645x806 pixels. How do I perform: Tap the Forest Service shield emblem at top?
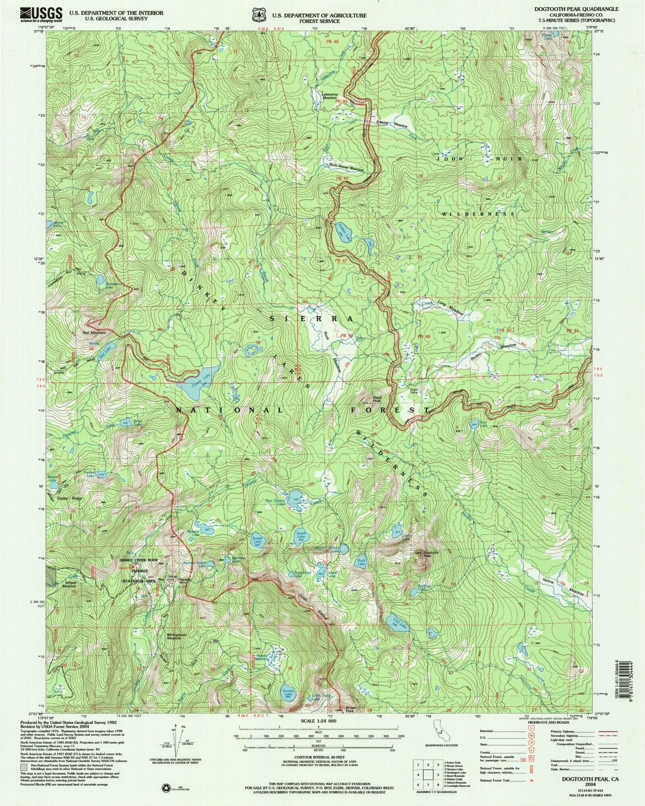257,15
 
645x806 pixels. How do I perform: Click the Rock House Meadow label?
347,170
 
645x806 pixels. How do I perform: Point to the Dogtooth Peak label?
421,555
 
